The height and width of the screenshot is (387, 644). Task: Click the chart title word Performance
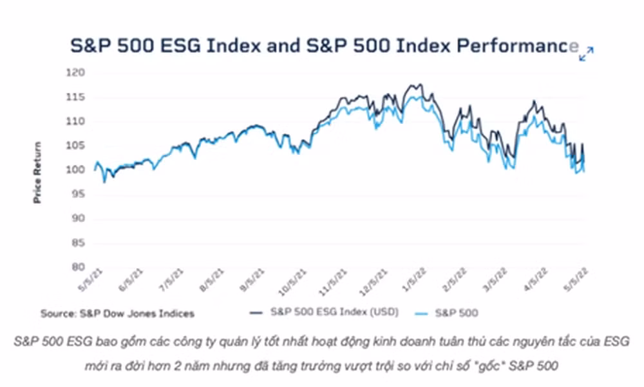(518, 45)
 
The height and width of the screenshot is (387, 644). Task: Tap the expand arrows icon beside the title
(586, 54)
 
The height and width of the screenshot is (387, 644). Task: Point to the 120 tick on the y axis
(75, 73)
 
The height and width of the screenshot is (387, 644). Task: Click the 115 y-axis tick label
(75, 97)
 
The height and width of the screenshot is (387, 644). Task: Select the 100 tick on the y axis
(75, 170)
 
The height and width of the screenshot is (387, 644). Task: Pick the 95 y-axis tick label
(77, 193)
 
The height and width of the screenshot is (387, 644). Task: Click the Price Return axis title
(37, 172)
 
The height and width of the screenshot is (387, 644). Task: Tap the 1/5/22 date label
(415, 280)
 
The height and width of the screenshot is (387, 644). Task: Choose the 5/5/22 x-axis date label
(576, 280)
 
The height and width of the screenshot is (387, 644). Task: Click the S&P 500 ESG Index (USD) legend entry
(325, 312)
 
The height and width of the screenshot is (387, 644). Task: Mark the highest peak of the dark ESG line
(419, 84)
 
